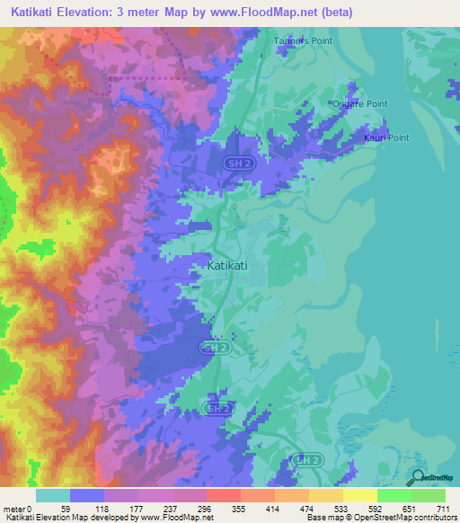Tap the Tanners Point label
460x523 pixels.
click(x=303, y=41)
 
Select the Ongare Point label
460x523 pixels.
click(x=359, y=104)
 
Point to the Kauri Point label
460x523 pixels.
click(x=385, y=137)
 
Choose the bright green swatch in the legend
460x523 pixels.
click(x=394, y=495)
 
